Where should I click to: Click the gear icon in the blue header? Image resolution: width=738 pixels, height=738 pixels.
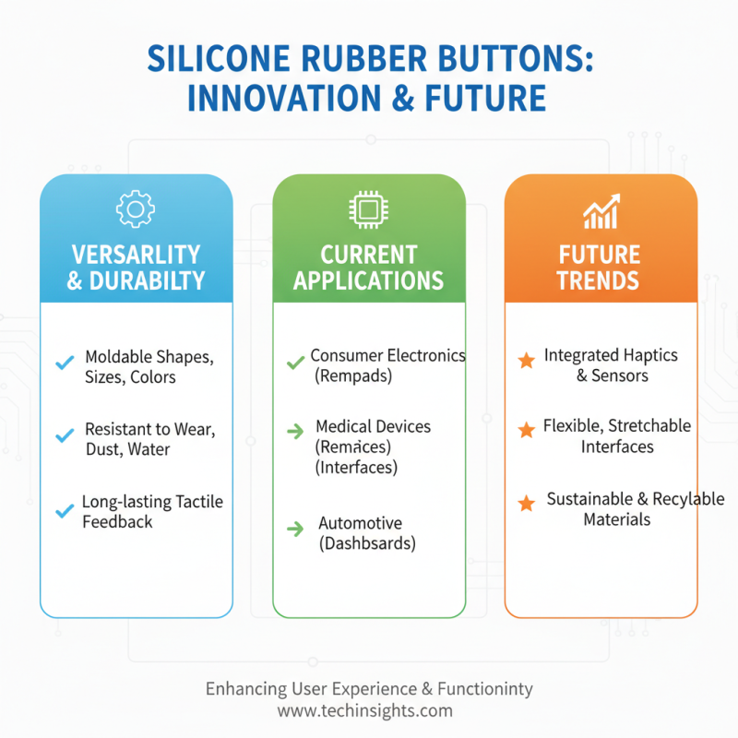click(136, 210)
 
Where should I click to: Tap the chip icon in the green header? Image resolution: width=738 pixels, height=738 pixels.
click(368, 210)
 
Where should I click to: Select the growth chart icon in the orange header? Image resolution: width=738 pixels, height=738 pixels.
click(601, 212)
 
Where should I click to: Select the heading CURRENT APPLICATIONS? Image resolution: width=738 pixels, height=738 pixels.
click(368, 267)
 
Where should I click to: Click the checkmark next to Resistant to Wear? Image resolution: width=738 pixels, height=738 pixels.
click(65, 435)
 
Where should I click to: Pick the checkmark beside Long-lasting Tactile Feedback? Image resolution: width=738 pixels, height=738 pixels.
click(65, 509)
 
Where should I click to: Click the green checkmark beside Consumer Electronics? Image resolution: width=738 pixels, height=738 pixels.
click(295, 363)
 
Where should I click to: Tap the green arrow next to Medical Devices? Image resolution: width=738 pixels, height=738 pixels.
click(295, 430)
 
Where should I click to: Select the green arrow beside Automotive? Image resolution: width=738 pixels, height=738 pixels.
click(295, 529)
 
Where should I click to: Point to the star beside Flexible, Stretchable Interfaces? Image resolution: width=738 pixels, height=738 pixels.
click(526, 430)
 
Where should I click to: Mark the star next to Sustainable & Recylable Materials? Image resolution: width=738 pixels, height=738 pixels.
click(526, 503)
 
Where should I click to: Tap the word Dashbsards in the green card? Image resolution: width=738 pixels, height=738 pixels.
click(367, 543)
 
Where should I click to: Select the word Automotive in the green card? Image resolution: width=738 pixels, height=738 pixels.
click(360, 523)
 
